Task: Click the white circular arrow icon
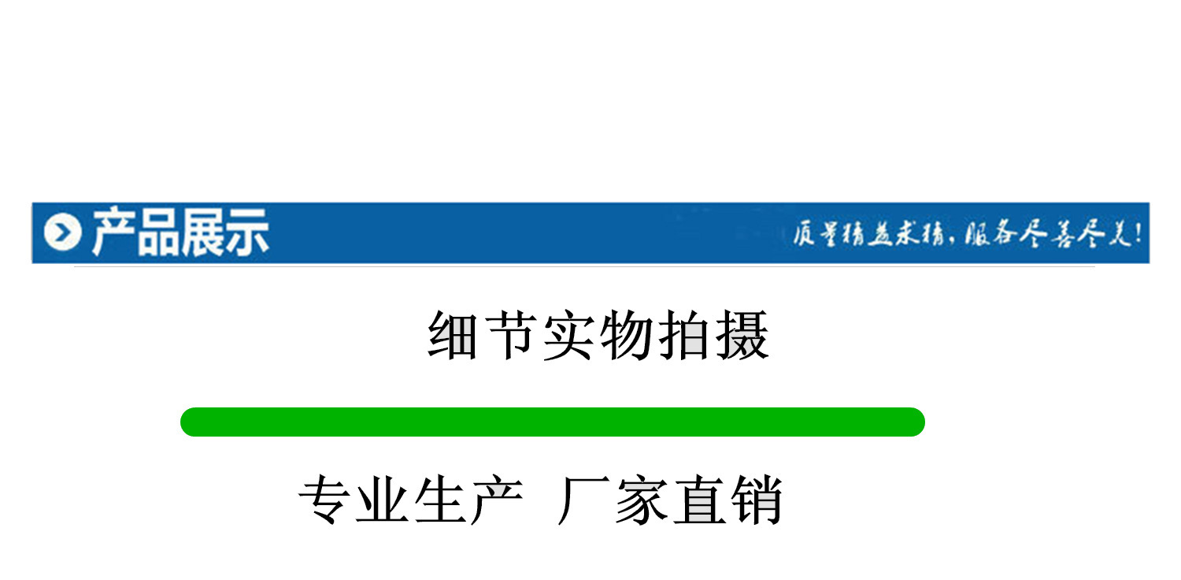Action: coord(63,233)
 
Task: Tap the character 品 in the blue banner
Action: coord(157,233)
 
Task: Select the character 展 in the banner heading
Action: coord(201,233)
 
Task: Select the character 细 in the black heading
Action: coord(454,336)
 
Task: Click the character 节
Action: coord(513,336)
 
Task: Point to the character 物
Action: coord(628,336)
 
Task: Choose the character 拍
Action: coord(685,336)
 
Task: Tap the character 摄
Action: coord(742,336)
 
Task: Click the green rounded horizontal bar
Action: coord(552,422)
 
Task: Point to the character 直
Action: coord(699,500)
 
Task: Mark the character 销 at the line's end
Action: coord(756,500)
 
